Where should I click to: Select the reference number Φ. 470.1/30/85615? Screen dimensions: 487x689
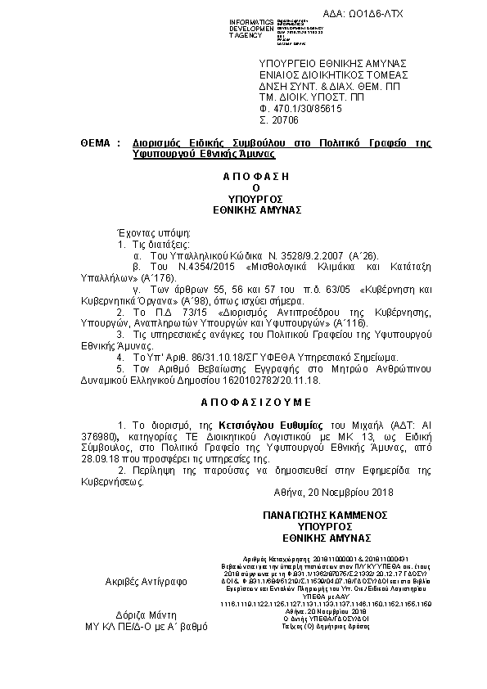300,107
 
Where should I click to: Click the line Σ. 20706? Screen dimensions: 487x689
275,119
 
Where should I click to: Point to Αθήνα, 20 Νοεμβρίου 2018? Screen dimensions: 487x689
334,492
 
